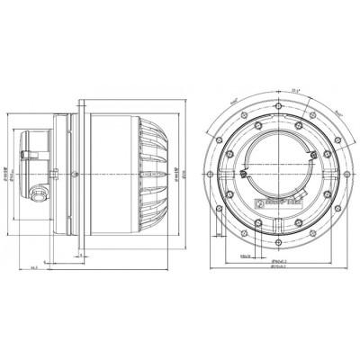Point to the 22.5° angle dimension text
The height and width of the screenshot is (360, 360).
click(296, 90)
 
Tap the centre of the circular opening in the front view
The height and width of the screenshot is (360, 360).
click(281, 162)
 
